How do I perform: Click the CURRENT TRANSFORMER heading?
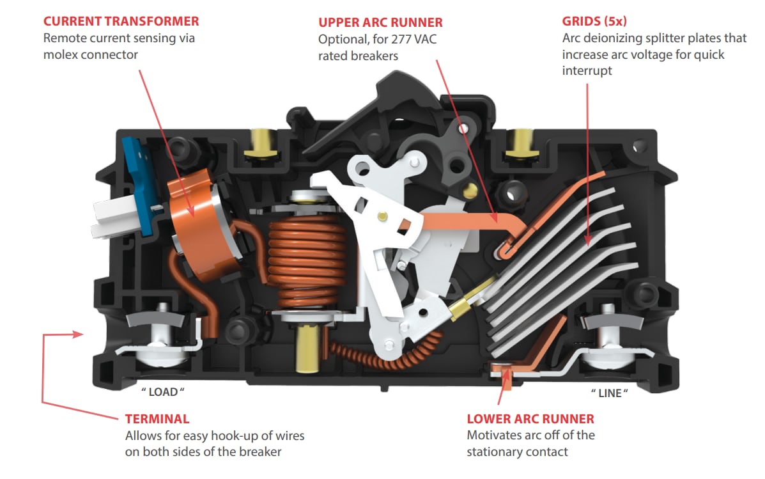click(x=121, y=22)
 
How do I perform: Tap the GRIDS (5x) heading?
click(x=594, y=21)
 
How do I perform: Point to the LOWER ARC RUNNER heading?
click(x=530, y=419)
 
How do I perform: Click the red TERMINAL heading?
click(x=157, y=420)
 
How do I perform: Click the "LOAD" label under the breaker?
click(x=162, y=391)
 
